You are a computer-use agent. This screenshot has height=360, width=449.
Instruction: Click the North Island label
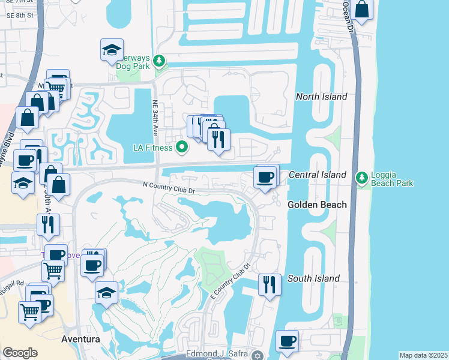(322, 97)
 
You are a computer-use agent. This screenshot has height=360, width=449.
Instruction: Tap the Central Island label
(318, 175)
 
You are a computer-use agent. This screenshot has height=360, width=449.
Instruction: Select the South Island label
(313, 278)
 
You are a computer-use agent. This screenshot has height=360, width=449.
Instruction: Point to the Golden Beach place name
(317, 205)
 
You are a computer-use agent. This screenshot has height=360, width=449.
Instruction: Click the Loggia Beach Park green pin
(361, 178)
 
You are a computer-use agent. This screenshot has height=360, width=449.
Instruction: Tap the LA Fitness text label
(153, 148)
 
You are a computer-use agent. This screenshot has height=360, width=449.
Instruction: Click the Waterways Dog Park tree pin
(159, 61)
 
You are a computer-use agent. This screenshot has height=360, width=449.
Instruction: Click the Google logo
(20, 353)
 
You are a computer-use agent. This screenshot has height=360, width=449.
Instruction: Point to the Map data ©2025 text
(423, 355)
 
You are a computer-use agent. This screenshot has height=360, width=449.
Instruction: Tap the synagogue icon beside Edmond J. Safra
(258, 355)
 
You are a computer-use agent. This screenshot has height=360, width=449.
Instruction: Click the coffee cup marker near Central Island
(265, 176)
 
